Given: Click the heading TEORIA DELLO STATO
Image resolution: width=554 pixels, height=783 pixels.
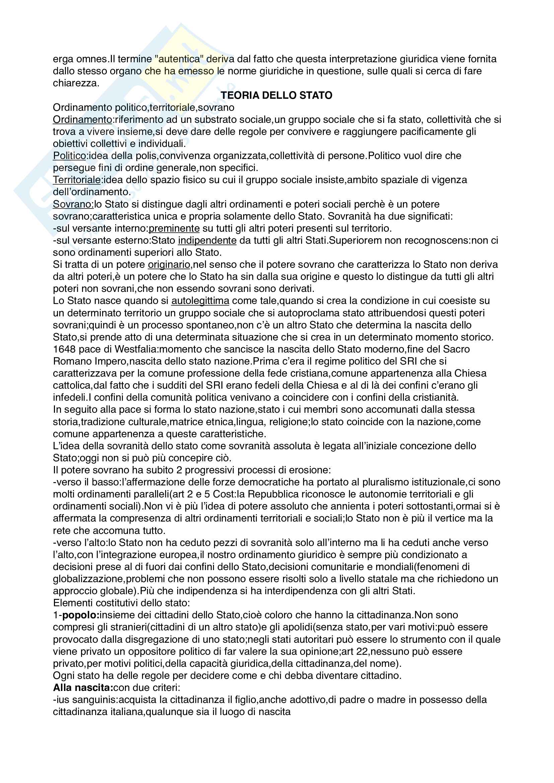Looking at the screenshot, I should point(276,95).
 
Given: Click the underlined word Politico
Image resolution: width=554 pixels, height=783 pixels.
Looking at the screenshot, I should point(70,156).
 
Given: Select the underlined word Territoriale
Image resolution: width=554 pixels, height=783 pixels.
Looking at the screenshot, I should point(77,180).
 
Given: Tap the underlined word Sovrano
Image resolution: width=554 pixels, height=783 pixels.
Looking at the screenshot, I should point(72,204).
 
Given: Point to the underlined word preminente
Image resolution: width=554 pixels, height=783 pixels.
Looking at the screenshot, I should point(174,229).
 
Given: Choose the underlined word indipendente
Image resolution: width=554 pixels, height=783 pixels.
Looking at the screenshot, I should point(207,240).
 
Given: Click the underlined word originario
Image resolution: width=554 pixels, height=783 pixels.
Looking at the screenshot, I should point(169,265).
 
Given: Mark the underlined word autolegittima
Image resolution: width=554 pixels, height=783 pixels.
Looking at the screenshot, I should point(200,301).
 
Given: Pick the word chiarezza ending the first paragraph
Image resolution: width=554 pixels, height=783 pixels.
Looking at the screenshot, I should point(75,83).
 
